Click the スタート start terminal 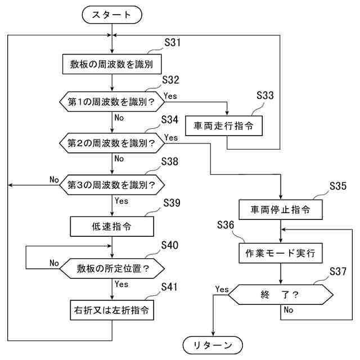112,15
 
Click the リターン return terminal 213,344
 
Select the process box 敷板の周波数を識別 112,64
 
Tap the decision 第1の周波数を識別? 111,102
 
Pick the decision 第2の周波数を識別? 111,142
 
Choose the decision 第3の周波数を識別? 111,184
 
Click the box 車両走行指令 228,126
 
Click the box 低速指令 112,226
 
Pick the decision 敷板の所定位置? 112,268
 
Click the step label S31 173,43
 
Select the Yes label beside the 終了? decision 222,289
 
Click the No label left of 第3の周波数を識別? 54,179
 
